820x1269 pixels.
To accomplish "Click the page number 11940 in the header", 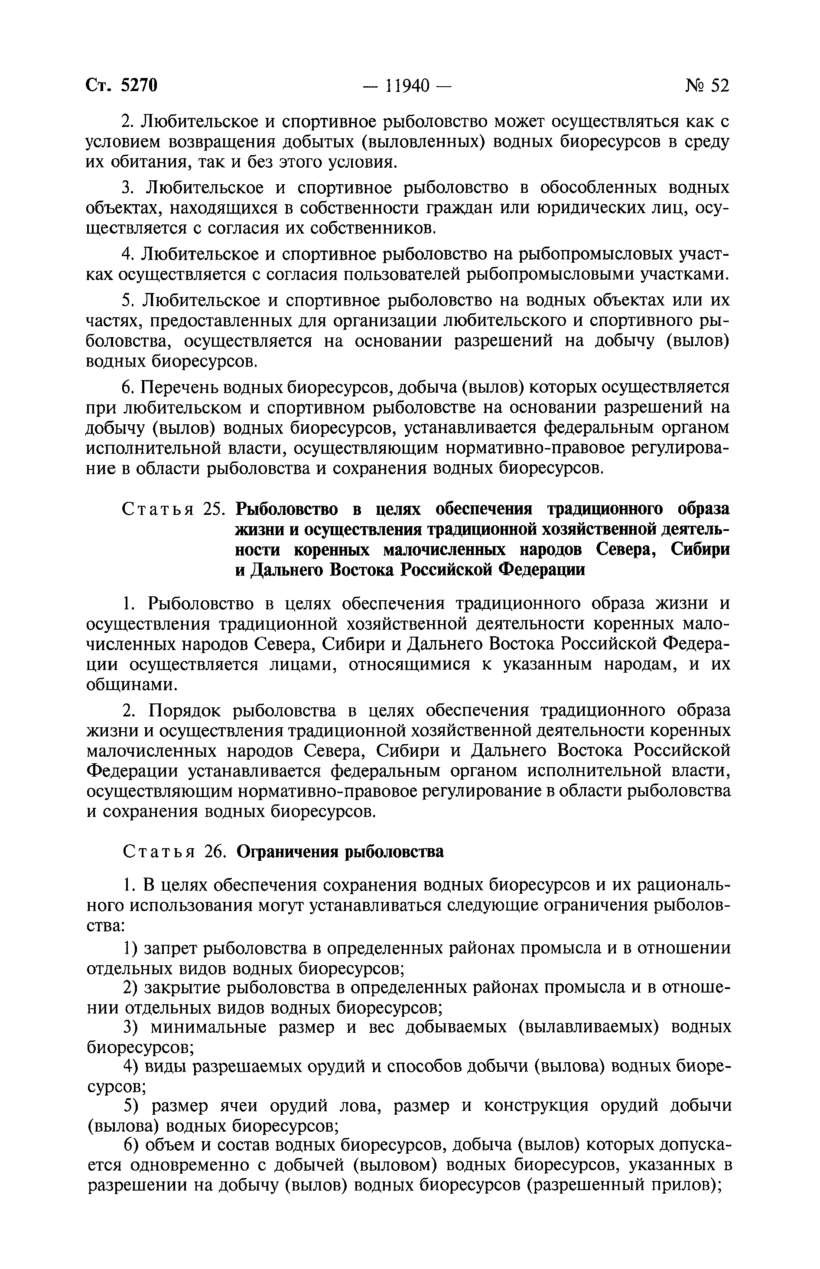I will coord(407,85).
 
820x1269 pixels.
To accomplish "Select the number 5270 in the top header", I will coord(139,85).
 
